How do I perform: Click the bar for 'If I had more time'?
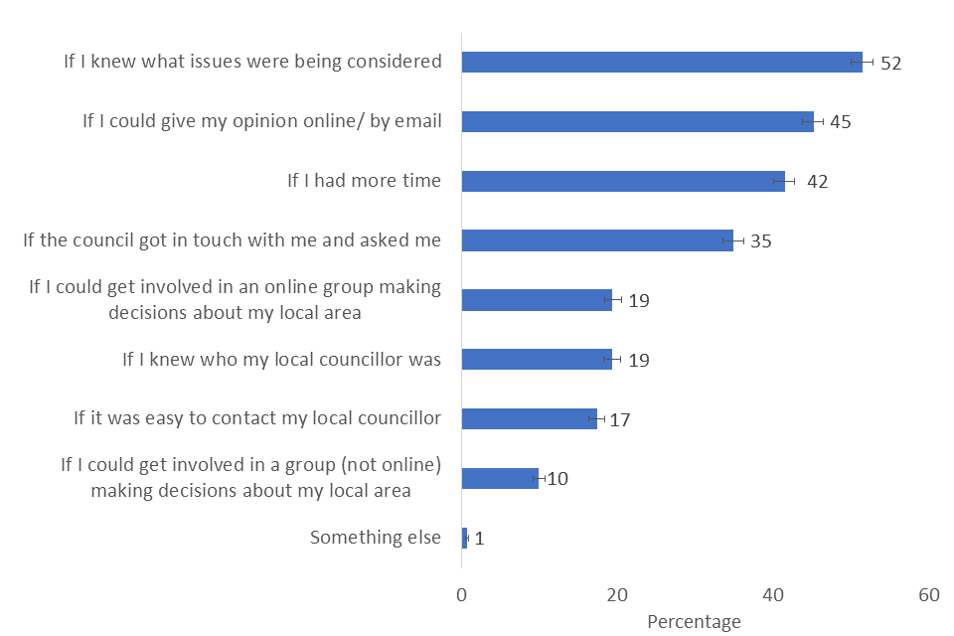(x=623, y=181)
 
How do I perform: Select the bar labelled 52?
(x=661, y=62)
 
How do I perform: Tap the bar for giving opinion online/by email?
(x=637, y=121)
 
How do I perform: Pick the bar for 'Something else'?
(x=464, y=538)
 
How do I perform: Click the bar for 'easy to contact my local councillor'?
(x=529, y=418)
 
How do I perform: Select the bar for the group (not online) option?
(x=500, y=478)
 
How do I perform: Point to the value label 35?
(x=761, y=240)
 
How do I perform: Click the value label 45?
(x=841, y=122)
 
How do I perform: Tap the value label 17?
(x=620, y=419)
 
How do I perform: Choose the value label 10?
(x=557, y=479)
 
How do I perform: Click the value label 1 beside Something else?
(x=479, y=539)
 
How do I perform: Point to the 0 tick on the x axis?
(x=462, y=595)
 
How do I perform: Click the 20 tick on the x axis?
(x=617, y=595)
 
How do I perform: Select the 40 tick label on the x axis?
(x=773, y=595)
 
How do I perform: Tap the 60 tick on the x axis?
(x=928, y=595)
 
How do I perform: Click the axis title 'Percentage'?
(x=694, y=622)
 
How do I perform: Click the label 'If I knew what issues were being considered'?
(x=252, y=62)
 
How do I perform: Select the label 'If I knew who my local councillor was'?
(x=281, y=359)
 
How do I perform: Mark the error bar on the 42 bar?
(x=784, y=181)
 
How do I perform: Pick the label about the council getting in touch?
(x=232, y=239)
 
